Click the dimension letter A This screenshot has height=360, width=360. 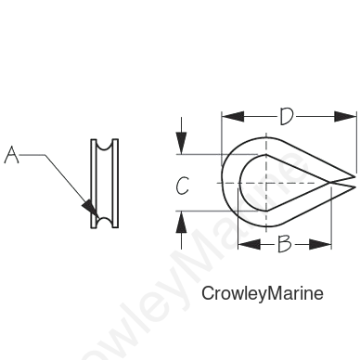pos(11,155)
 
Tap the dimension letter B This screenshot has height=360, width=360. pos(284,244)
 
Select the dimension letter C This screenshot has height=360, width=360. pos(183,186)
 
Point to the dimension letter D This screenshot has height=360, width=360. pos(286,117)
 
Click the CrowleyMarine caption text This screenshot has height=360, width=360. pos(263,293)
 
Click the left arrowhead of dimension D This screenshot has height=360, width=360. pos(233,117)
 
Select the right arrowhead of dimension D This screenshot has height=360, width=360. pos(345,117)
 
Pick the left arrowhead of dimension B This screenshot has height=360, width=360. pos(249,244)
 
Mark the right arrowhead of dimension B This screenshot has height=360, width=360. pos(320,244)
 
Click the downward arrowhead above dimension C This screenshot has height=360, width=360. pos(181,143)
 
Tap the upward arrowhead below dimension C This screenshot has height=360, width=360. pos(181,223)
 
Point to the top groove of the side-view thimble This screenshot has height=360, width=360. pos(105,146)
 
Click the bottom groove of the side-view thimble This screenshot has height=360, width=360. pos(105,222)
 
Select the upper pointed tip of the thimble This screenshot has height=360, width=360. pos(355,177)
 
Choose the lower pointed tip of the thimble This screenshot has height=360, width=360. pos(355,186)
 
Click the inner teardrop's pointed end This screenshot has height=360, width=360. pos(328,183)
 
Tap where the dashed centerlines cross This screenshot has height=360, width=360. pos(266,183)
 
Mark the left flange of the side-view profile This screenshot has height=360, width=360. pos(94,184)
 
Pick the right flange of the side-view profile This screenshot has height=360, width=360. pos(115,184)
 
